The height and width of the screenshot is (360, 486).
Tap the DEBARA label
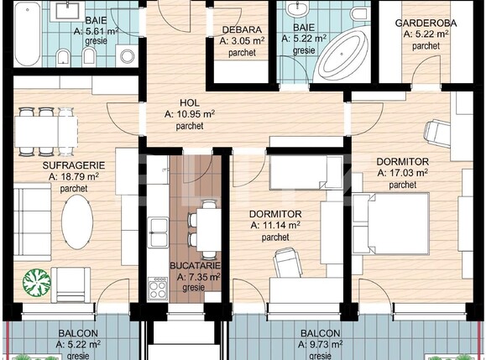coord(240,29)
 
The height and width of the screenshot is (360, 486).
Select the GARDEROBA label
coord(426,23)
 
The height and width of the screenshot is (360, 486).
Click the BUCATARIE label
coord(195,265)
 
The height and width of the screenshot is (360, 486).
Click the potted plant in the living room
coord(34,280)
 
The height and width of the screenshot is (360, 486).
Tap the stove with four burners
coord(158,290)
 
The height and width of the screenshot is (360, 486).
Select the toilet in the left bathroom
coord(62,57)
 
